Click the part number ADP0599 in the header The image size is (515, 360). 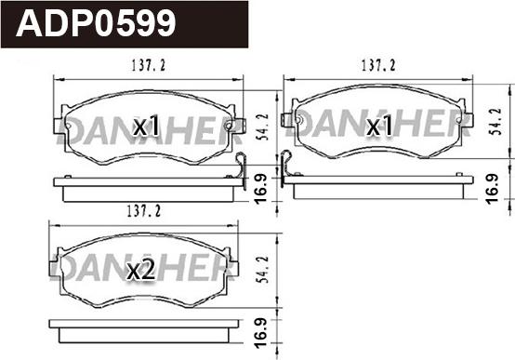coord(96,23)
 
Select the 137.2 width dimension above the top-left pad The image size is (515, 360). coord(149,65)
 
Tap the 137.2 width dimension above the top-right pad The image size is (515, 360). coord(378,65)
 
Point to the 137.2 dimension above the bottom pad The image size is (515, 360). coord(144,211)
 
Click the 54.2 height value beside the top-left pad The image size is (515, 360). coord(263,127)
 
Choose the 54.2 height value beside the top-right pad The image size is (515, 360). coord(495,121)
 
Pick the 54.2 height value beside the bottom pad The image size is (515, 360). coord(263,270)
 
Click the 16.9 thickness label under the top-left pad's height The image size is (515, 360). coord(261,190)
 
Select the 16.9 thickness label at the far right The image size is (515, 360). coord(493,189)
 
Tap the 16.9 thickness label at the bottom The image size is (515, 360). coord(261,333)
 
